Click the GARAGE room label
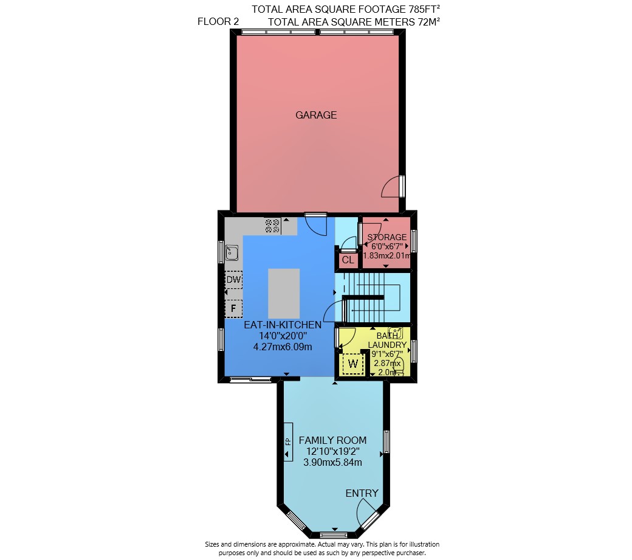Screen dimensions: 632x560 pyautogui.click(x=316, y=116)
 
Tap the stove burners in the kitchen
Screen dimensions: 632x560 pyautogui.click(x=272, y=226)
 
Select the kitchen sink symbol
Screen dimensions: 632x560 pyautogui.click(x=232, y=253)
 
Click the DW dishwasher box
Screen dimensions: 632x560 pyautogui.click(x=233, y=280)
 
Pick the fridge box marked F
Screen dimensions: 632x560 pyautogui.click(x=233, y=309)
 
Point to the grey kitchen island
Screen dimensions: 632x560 pyautogui.click(x=284, y=294)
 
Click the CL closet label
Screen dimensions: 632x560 pyautogui.click(x=348, y=260)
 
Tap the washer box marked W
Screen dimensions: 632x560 pyautogui.click(x=352, y=364)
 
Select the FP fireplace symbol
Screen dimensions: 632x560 pyautogui.click(x=288, y=441)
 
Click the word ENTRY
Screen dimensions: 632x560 pyautogui.click(x=362, y=493)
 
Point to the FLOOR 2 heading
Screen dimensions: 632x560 pyautogui.click(x=218, y=22)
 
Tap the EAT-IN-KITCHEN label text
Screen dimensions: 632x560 pyautogui.click(x=283, y=325)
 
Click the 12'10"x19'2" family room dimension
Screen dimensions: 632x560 pyautogui.click(x=332, y=452)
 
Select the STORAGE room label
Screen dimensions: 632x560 pyautogui.click(x=387, y=238)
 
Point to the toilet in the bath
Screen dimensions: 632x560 pyautogui.click(x=399, y=363)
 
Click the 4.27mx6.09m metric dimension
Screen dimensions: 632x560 pyautogui.click(x=283, y=347)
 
